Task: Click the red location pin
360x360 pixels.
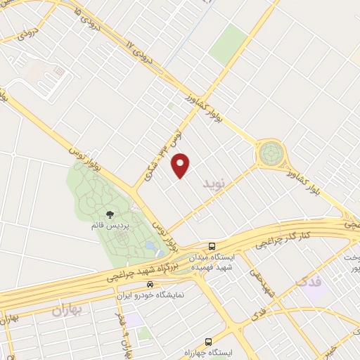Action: click(181, 165)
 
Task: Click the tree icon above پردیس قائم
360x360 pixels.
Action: click(109, 213)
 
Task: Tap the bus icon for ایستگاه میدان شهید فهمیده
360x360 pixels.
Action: click(212, 246)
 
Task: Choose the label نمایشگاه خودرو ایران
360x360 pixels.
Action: click(150, 295)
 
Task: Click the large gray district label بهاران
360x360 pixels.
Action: click(68, 309)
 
